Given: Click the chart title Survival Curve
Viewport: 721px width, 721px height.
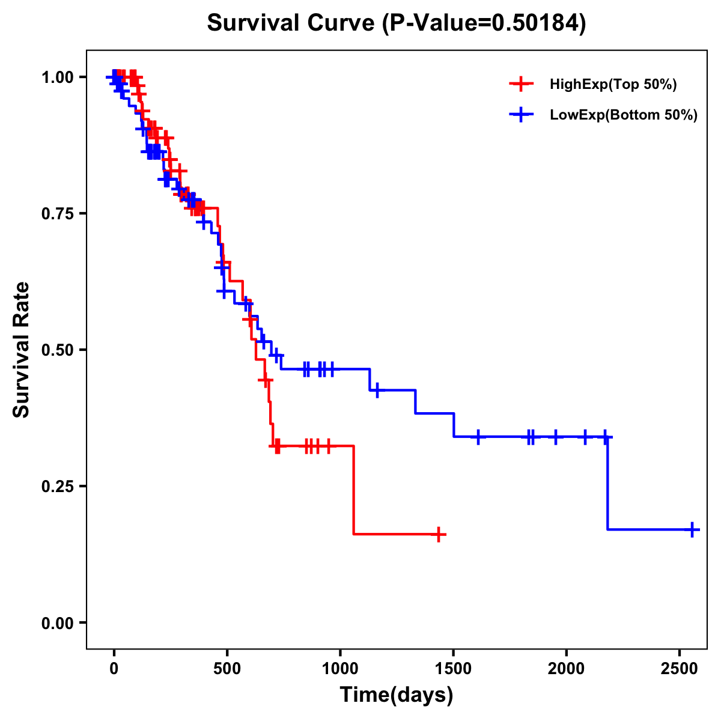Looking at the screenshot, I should [396, 23].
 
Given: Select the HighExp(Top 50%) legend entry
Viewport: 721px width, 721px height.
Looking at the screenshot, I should [613, 85].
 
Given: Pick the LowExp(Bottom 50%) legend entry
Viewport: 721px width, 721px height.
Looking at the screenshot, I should [623, 115].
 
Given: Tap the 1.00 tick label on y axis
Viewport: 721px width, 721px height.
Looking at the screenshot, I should [57, 78].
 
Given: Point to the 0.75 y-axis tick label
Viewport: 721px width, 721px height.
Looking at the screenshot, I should [57, 214].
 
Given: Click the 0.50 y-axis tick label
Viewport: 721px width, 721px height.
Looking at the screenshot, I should [57, 350].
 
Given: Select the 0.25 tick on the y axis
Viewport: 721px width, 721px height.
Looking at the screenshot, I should [57, 487].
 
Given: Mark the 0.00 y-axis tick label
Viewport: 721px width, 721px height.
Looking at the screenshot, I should [57, 623].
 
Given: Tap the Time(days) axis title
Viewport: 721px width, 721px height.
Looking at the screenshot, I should [397, 695].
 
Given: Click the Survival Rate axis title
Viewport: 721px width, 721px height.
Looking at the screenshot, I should [22, 350].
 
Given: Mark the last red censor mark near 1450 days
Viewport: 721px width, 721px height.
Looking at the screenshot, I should [439, 534].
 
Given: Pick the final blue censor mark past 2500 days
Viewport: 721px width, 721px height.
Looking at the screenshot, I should [692, 529].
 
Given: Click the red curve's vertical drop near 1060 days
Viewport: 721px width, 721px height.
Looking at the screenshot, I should [353, 490].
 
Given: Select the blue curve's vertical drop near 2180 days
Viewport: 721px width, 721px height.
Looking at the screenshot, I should [607, 484].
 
